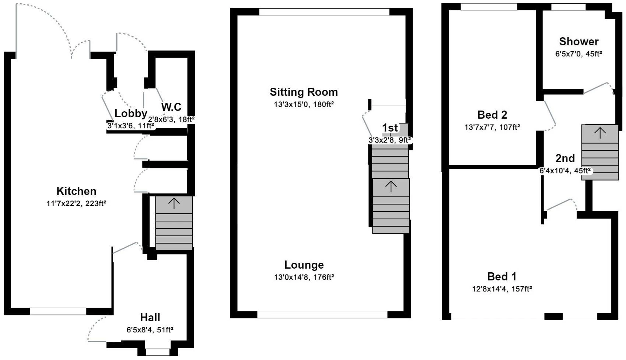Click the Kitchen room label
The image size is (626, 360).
click(x=76, y=191)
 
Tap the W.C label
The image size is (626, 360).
click(x=171, y=107)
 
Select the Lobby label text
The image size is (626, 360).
click(x=131, y=113)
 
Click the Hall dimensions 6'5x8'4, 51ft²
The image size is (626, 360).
click(x=150, y=330)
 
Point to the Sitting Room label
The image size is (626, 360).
click(x=304, y=92)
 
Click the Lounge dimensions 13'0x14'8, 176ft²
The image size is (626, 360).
click(x=304, y=277)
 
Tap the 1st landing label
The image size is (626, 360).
click(x=390, y=128)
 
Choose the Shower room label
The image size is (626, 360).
click(x=578, y=41)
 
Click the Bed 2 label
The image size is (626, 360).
click(x=492, y=115)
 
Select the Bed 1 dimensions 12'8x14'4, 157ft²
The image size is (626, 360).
click(x=502, y=289)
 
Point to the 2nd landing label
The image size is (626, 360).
click(x=565, y=158)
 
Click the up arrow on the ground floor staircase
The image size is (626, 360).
click(x=174, y=203)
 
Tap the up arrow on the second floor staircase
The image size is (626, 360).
click(x=600, y=133)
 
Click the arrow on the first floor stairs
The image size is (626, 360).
click(x=391, y=186)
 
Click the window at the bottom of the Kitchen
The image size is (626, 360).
click(x=58, y=312)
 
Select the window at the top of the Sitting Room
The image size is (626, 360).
click(x=324, y=12)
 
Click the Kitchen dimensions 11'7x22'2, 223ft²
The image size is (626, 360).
click(x=76, y=203)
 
